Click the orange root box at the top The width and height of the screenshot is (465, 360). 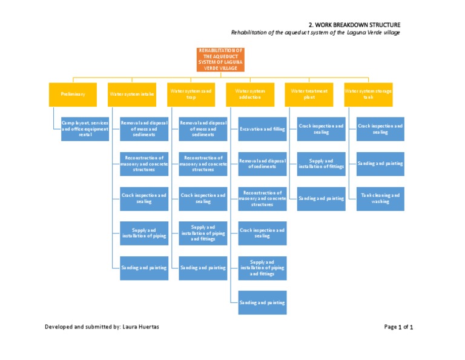220,59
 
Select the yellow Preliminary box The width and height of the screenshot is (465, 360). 73,94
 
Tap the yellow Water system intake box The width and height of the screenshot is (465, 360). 131,94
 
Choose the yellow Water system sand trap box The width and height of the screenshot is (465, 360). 191,94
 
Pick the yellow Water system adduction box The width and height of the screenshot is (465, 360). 250,94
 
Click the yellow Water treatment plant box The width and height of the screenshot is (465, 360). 309,94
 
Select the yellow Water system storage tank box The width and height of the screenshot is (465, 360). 368,94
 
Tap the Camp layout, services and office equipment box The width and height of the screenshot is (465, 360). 85,128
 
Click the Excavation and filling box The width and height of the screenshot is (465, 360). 262,129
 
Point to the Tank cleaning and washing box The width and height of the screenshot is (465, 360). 380,198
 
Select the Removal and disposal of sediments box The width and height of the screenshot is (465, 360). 262,164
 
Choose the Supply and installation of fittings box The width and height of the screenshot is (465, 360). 322,164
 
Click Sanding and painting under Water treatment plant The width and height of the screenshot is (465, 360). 322,198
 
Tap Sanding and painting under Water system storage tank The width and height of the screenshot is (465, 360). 380,164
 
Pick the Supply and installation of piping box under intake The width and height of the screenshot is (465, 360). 144,233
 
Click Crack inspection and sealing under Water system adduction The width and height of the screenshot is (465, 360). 262,233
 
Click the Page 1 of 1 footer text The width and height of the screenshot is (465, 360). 398,327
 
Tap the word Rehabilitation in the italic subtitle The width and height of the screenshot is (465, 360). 249,33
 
